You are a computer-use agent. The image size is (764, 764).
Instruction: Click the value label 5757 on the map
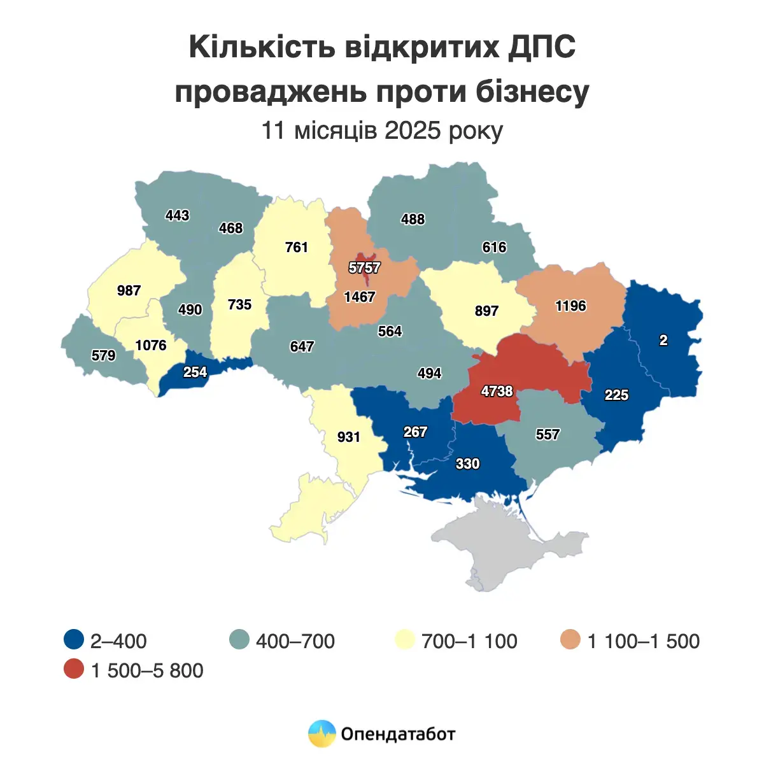[x=364, y=268]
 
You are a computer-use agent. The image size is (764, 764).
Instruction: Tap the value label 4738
[x=497, y=391]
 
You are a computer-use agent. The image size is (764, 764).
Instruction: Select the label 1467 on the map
[x=360, y=297]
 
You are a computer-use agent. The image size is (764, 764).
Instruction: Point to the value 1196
[x=570, y=306]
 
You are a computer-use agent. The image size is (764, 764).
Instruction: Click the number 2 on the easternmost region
[x=663, y=341]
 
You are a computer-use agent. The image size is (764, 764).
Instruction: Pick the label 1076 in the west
[x=151, y=345]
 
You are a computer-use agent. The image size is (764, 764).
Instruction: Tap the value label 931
[x=349, y=437]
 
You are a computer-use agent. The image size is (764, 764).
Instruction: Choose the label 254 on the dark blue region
[x=195, y=372]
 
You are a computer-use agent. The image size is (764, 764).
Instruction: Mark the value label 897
[x=486, y=311]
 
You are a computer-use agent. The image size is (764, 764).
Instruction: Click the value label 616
[x=494, y=247]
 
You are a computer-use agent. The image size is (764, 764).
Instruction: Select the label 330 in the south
[x=467, y=463]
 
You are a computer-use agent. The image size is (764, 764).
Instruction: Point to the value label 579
[x=103, y=355]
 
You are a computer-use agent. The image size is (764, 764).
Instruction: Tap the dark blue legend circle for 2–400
[x=74, y=640]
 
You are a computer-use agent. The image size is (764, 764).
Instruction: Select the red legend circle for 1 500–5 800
[x=74, y=670]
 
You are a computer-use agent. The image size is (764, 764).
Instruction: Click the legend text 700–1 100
[x=469, y=641]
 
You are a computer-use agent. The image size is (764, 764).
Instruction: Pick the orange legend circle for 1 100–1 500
[x=571, y=640]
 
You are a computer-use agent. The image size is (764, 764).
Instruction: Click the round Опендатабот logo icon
[x=322, y=733]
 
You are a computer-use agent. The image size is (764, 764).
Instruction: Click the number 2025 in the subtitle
[x=413, y=131]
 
